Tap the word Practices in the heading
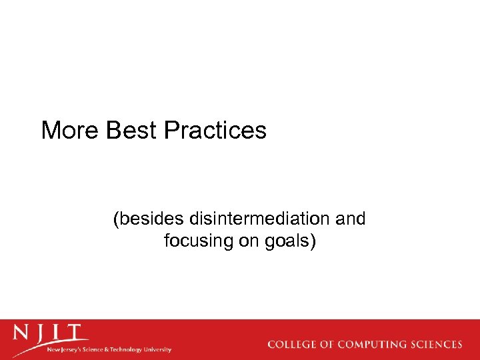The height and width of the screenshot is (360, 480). [x=215, y=130]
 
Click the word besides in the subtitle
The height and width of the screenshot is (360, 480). [x=150, y=219]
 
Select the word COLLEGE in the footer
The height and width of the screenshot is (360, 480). [x=291, y=345]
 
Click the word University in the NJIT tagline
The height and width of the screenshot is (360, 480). [x=158, y=349]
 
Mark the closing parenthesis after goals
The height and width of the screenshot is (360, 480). [x=312, y=241]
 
